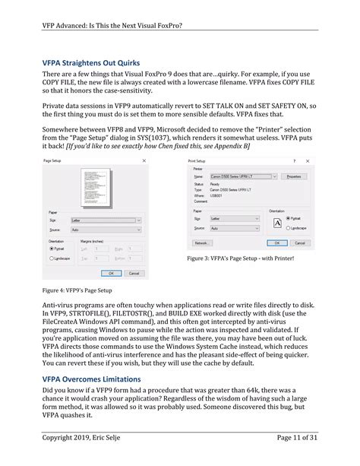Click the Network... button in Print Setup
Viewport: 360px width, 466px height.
(202, 243)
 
